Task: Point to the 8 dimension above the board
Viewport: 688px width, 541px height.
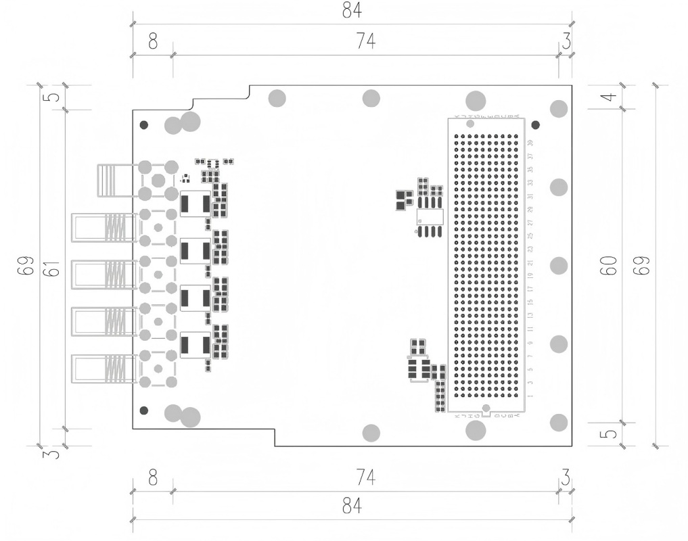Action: click(x=152, y=43)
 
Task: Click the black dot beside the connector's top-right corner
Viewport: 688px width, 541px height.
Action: click(x=536, y=125)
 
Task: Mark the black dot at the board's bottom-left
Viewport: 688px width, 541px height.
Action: click(x=143, y=410)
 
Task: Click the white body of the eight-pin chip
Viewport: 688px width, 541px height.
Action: click(x=430, y=216)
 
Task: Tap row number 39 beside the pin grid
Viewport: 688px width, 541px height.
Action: click(x=530, y=143)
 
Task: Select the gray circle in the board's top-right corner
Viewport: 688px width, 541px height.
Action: click(x=559, y=109)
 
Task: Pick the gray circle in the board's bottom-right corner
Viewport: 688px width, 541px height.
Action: click(x=559, y=423)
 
